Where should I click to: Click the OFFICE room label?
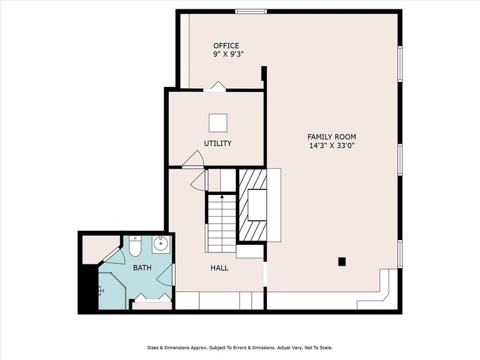[226, 46]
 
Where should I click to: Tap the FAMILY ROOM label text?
[331, 137]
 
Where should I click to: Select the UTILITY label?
[217, 143]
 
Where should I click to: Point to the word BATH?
[142, 267]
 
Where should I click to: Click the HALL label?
[219, 268]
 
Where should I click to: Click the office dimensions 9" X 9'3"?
[228, 54]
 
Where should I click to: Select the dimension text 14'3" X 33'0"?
[332, 146]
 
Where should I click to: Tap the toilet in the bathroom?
[135, 246]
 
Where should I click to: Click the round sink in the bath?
[161, 244]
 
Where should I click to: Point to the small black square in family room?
[342, 261]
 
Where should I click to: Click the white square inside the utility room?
[218, 122]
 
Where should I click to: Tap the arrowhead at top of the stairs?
[222, 196]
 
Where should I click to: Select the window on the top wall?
[251, 12]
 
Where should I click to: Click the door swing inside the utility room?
[193, 159]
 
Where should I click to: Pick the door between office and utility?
[215, 87]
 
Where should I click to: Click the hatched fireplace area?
[252, 205]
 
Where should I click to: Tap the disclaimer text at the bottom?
[240, 347]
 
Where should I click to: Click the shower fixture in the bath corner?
[101, 289]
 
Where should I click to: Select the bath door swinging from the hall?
[166, 274]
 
